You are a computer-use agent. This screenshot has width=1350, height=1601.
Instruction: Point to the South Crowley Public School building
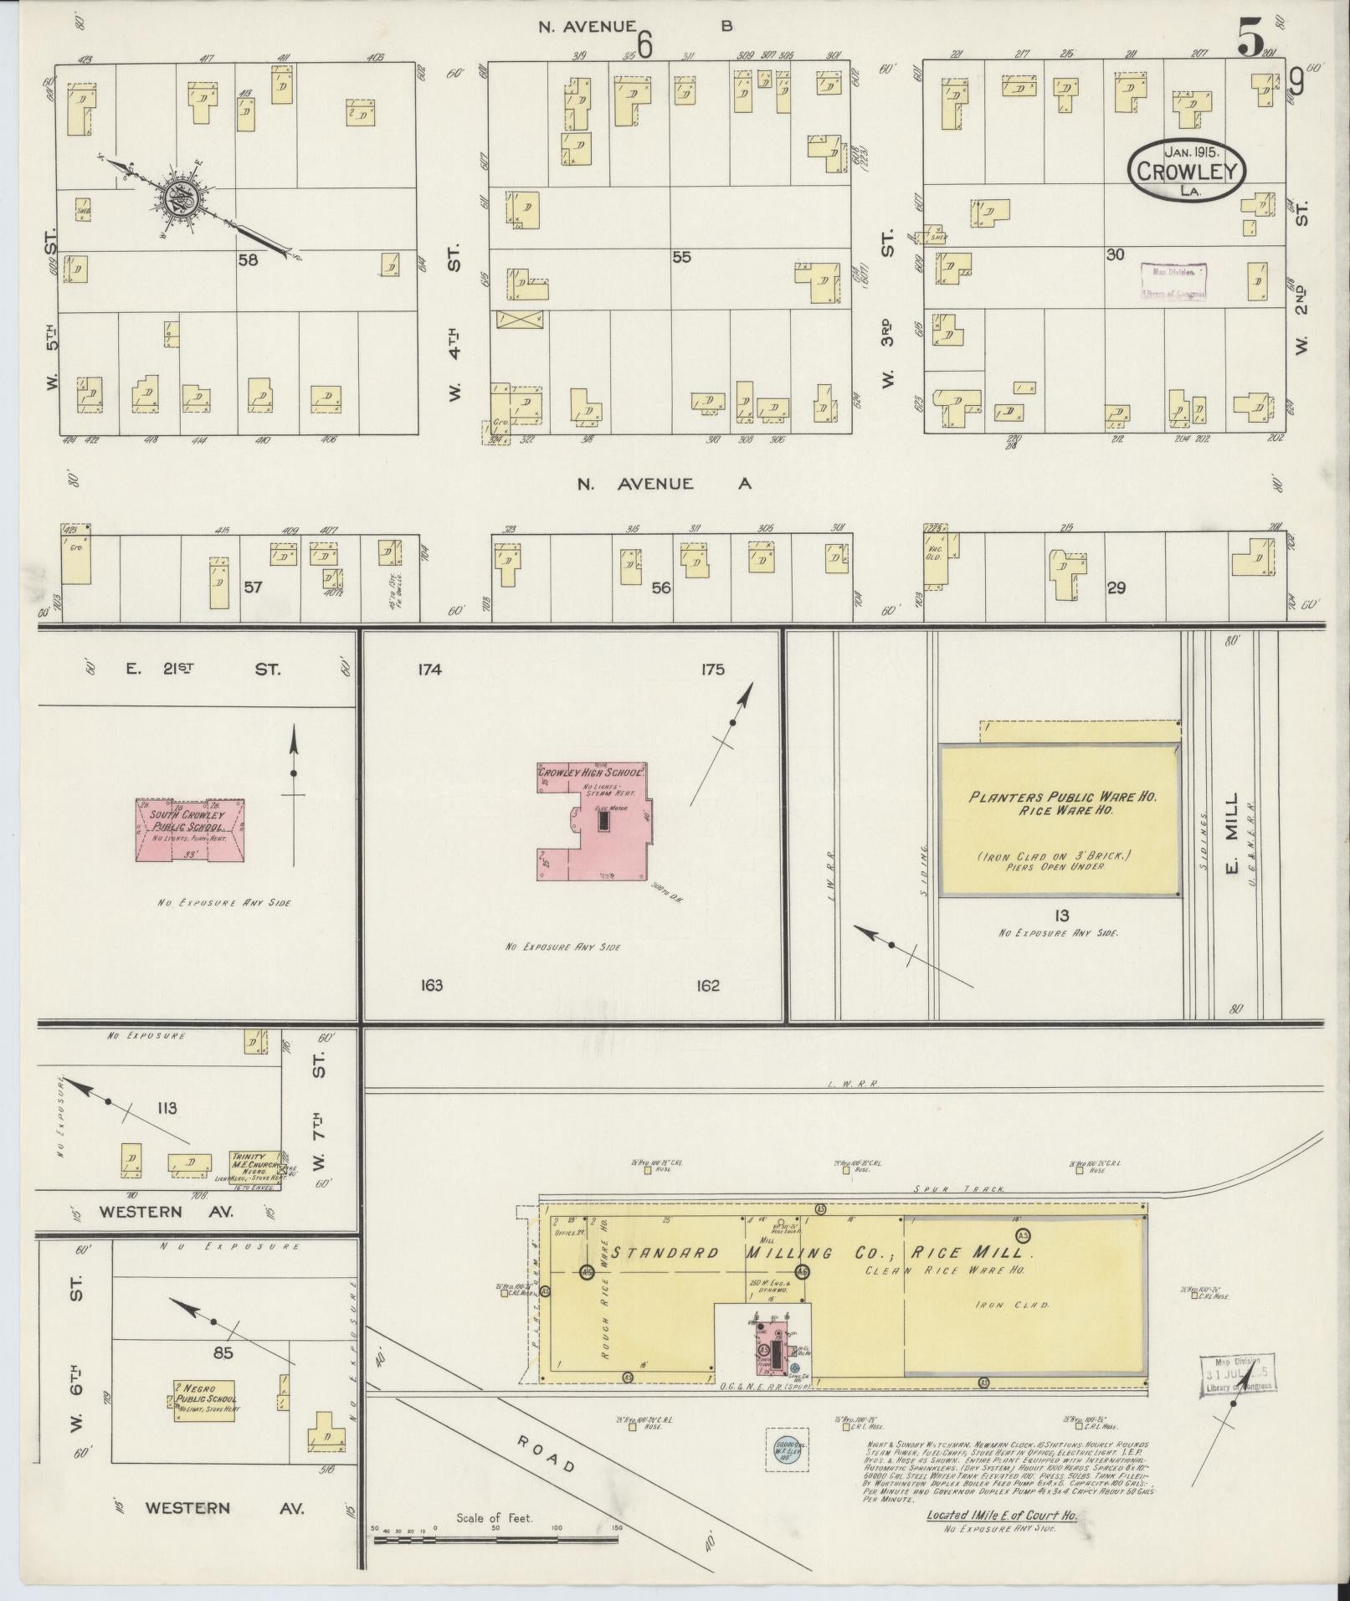click(x=191, y=829)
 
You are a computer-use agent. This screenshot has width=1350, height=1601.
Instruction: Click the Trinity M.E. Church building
click(x=256, y=1164)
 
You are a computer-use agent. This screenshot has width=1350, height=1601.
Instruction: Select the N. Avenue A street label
click(x=664, y=484)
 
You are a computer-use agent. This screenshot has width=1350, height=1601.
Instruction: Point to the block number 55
click(x=681, y=258)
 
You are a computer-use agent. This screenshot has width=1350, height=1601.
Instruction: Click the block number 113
click(x=167, y=1108)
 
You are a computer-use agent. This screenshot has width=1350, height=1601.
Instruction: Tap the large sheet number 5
click(x=1250, y=38)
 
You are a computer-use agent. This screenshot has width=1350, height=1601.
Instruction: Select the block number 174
click(x=427, y=670)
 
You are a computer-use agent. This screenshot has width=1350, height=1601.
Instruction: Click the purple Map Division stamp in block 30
click(x=1174, y=281)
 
